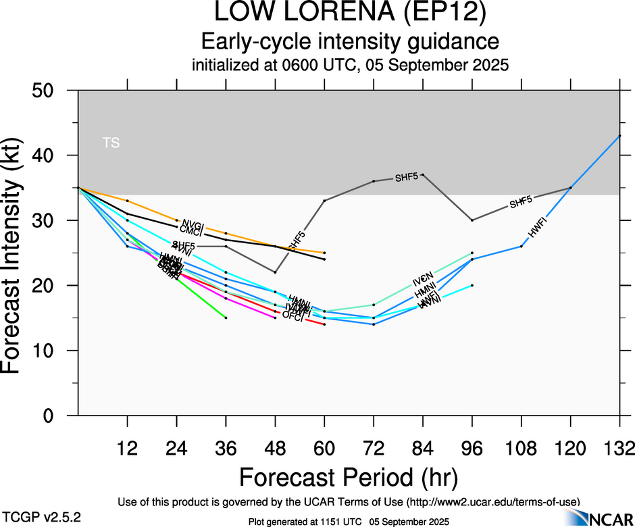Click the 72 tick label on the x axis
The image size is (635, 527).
374,448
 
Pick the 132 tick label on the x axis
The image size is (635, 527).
619,448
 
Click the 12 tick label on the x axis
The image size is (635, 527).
127,448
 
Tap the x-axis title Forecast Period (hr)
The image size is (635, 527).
349,477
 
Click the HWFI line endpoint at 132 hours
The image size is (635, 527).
620,135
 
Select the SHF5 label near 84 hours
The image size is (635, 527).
407,178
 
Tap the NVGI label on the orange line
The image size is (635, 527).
193,224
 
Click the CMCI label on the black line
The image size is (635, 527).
191,232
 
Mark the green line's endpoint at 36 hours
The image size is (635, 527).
226,318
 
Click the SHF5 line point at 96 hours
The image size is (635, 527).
472,220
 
